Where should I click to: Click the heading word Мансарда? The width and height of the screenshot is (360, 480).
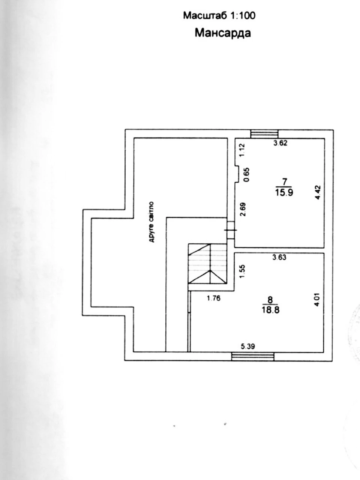click(223, 33)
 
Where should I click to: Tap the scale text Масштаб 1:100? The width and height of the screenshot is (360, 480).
click(219, 16)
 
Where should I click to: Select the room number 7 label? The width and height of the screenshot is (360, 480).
click(284, 181)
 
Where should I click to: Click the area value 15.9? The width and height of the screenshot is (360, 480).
click(284, 193)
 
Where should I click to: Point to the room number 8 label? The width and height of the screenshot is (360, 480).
click(270, 300)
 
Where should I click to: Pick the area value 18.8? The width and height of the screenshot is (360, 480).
click(271, 310)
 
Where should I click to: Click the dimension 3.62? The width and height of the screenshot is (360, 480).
click(280, 143)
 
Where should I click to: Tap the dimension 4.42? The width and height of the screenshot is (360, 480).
click(318, 192)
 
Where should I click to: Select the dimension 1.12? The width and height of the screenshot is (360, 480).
click(242, 150)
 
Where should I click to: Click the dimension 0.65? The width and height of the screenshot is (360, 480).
click(246, 175)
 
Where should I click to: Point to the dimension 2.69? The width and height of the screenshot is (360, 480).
click(243, 210)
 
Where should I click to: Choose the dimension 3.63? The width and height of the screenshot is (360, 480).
click(279, 257)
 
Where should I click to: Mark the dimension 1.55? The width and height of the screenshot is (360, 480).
click(242, 271)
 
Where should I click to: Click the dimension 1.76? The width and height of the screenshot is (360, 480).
click(214, 298)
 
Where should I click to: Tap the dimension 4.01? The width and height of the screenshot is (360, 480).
click(317, 300)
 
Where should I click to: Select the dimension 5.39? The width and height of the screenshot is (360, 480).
click(248, 346)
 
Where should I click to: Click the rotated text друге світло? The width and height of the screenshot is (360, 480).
click(151, 222)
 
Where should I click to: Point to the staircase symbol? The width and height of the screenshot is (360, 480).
click(207, 264)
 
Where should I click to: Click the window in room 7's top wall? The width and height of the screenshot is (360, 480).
click(264, 134)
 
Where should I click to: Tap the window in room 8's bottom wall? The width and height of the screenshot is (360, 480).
click(253, 357)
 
